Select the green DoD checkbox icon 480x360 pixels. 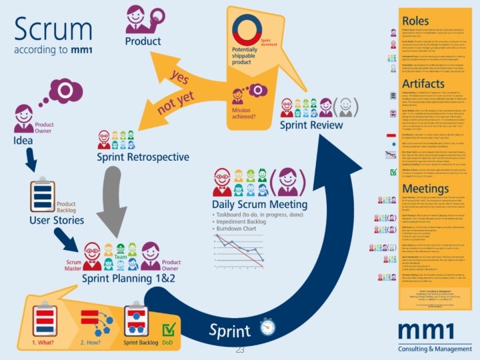click(169, 329)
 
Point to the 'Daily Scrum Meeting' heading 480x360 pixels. click(259, 204)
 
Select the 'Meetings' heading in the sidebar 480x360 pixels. click(430, 189)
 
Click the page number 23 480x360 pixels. click(240, 349)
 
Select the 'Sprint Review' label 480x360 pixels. click(311, 125)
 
